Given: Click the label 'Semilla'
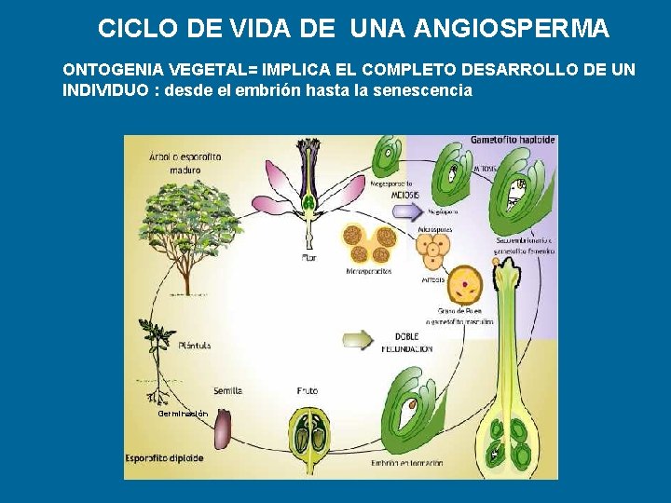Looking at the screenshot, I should pos(227,391).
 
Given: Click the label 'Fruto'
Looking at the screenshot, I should pos(308,391).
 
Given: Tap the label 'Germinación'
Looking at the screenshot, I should pos(183,413).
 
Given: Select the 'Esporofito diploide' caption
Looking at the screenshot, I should pos(165,458).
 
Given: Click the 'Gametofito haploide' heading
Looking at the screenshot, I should pos(513,140).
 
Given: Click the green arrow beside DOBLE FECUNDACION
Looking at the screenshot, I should pos(359,339).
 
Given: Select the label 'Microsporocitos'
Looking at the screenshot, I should pos(368,271).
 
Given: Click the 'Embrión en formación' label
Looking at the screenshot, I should pos(407,463).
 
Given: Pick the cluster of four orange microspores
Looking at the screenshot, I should pos(434,250).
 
